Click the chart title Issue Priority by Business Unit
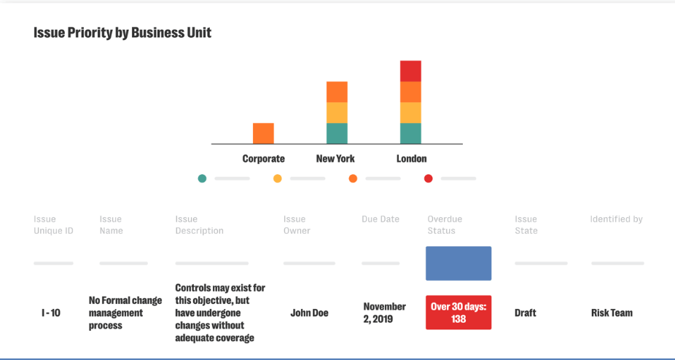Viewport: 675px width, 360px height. pyautogui.click(x=122, y=33)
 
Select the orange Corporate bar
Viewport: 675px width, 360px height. pyautogui.click(x=263, y=133)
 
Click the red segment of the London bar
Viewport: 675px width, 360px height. pyautogui.click(x=410, y=71)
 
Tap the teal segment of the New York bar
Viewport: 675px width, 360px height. pyautogui.click(x=337, y=133)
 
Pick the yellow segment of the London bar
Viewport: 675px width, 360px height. pyautogui.click(x=410, y=112)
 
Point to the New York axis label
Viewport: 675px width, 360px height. pyautogui.click(x=335, y=158)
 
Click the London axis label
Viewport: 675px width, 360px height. pyautogui.click(x=411, y=158)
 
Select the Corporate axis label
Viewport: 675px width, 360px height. pyautogui.click(x=263, y=158)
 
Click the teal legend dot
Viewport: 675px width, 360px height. pyautogui.click(x=202, y=179)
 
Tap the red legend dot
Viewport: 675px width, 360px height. pyautogui.click(x=428, y=179)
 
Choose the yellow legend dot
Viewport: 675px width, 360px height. pyautogui.click(x=278, y=179)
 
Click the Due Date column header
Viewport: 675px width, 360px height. pyautogui.click(x=381, y=219)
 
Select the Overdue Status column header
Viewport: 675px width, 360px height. pyautogui.click(x=445, y=224)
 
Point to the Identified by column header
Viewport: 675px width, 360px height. pyautogui.click(x=616, y=219)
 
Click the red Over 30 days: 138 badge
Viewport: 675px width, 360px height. pyautogui.click(x=459, y=313)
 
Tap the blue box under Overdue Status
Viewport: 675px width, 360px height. pyautogui.click(x=459, y=263)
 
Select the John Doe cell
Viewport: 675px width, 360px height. pyautogui.click(x=309, y=313)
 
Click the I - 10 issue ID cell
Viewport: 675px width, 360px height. pyautogui.click(x=51, y=313)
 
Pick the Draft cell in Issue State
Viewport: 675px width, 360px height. pyautogui.click(x=525, y=313)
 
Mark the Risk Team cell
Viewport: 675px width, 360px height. pyautogui.click(x=612, y=313)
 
